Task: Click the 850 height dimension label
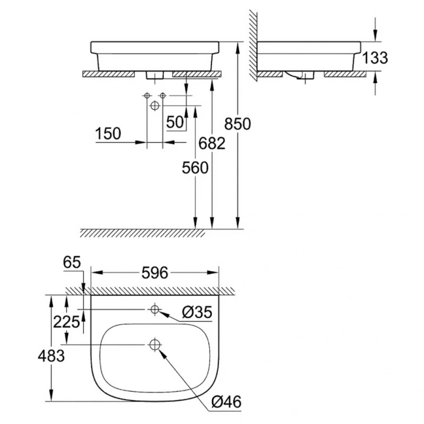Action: [x=237, y=124]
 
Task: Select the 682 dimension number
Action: [x=212, y=143]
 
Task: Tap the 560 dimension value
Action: [x=195, y=168]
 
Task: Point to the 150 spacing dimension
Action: [x=108, y=134]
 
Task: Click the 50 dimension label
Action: [x=175, y=122]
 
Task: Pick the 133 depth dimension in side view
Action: [x=375, y=58]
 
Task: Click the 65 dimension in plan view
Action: [x=72, y=262]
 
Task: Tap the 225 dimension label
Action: [x=67, y=322]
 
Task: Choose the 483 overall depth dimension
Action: [x=51, y=356]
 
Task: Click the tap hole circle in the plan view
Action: [x=155, y=309]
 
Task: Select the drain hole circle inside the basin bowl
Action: [x=155, y=345]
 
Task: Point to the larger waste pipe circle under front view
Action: [x=155, y=105]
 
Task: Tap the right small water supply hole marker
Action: [x=163, y=95]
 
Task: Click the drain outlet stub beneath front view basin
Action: [x=154, y=75]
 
